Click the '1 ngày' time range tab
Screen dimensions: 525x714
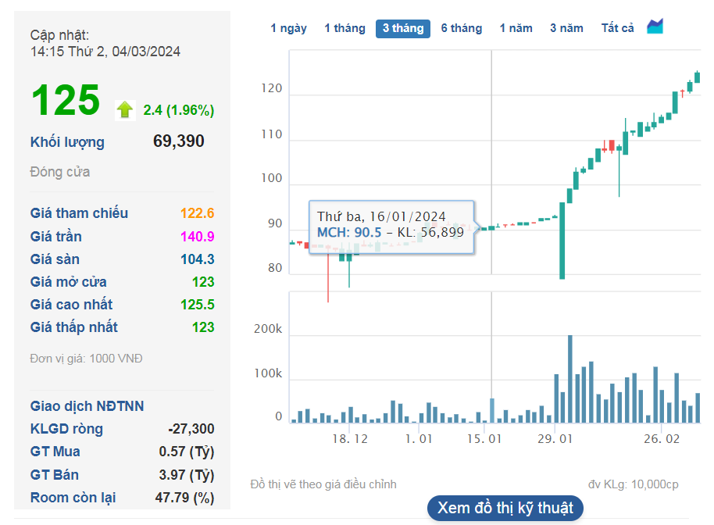pos(288,28)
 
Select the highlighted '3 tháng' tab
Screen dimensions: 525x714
pos(403,28)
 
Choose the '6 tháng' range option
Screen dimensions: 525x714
pos(461,28)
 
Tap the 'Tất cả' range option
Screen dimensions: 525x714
pos(617,28)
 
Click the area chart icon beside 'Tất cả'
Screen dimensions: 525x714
pos(655,27)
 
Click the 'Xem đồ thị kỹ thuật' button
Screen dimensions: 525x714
pos(505,508)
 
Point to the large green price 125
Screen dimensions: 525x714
pos(66,100)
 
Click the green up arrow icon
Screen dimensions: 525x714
pos(124,109)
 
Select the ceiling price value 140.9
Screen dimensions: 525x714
pos(198,237)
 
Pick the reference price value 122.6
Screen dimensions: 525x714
pos(198,214)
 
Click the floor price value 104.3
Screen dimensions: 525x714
pos(198,259)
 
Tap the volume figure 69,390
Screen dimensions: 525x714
pos(179,141)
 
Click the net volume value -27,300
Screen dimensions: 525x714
pos(191,429)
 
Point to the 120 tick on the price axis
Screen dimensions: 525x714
pos(272,89)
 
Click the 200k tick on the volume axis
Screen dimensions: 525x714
pos(268,330)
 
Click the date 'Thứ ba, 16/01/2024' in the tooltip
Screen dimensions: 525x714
pos(381,216)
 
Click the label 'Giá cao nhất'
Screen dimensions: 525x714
pos(71,305)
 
